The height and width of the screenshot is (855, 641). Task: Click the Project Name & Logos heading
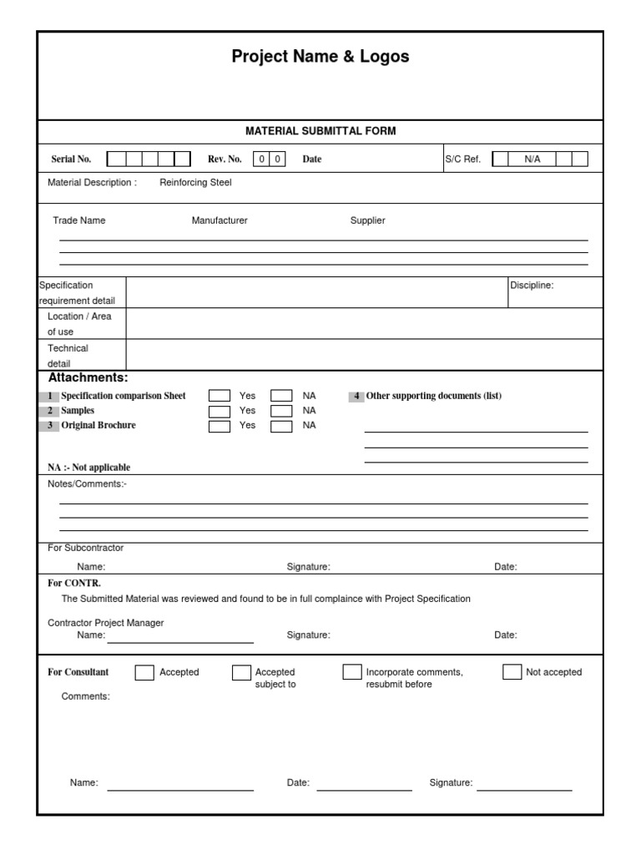(320, 57)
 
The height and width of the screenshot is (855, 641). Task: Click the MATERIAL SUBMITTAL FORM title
(320, 131)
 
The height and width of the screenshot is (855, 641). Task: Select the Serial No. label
(71, 159)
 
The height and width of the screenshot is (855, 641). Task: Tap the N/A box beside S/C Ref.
(532, 159)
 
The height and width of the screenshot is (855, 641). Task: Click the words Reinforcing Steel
(195, 182)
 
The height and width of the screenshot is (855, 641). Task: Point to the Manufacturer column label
(220, 220)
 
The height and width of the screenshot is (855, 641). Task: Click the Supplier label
(367, 220)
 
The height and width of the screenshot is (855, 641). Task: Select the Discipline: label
(532, 286)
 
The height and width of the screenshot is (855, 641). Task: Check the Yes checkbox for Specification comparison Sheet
(220, 396)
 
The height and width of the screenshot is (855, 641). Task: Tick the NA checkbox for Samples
(282, 411)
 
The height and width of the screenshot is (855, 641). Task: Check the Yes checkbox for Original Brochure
(220, 426)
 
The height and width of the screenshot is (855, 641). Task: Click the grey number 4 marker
(356, 396)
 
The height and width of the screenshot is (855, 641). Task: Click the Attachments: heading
(88, 378)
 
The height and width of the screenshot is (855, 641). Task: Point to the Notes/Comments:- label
(87, 484)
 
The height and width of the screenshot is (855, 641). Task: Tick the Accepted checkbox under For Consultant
(144, 673)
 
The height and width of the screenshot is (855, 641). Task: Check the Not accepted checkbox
(512, 672)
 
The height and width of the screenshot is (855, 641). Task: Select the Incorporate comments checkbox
(352, 672)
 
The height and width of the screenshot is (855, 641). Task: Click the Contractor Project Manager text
(106, 623)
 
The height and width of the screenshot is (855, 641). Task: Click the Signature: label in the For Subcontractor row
(309, 567)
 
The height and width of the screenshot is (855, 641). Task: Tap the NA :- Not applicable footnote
(88, 468)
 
